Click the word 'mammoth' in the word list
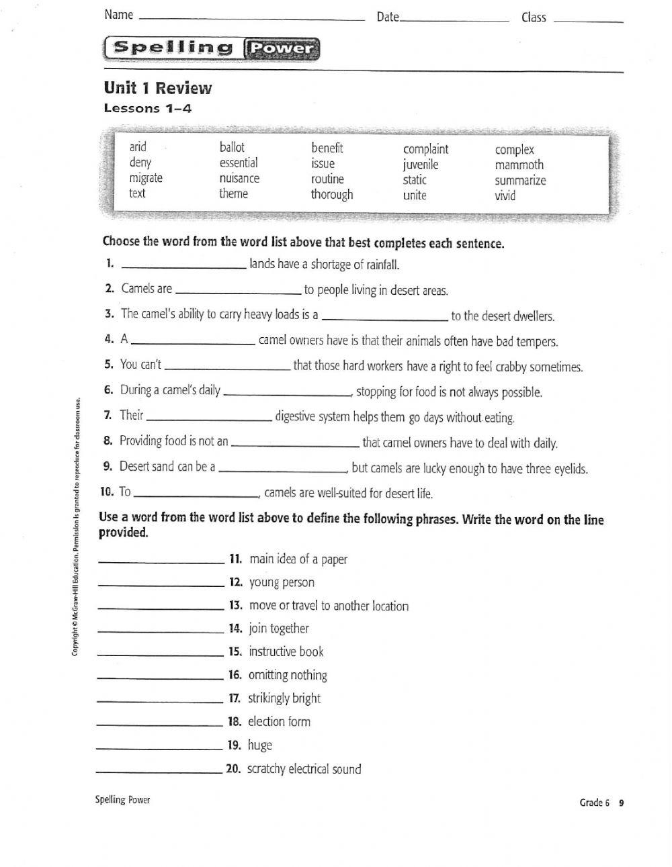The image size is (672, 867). click(519, 165)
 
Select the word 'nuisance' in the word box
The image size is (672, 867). click(239, 179)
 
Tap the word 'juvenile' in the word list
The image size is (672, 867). click(421, 165)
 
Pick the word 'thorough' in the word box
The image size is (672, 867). click(331, 195)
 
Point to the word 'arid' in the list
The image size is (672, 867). click(138, 147)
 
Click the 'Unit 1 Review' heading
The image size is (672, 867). click(157, 88)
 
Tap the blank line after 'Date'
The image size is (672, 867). click(454, 20)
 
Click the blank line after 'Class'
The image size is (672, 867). click(587, 21)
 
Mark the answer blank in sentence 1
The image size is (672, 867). click(185, 267)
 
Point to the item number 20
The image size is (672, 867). click(233, 769)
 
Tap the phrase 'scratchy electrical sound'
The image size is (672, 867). click(304, 769)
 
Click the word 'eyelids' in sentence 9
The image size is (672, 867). click(570, 469)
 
